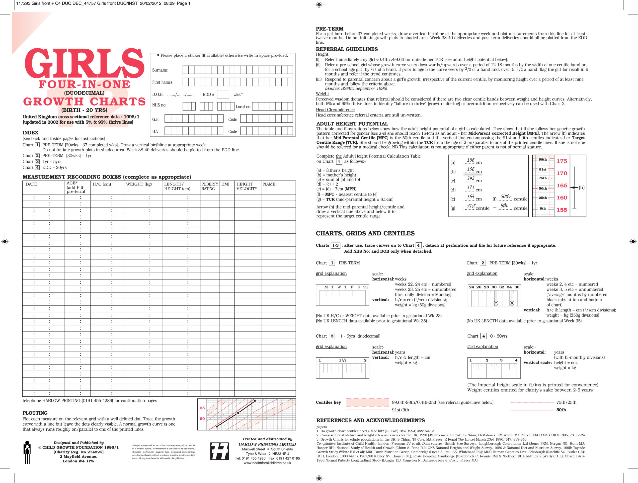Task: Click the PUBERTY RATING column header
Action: pos(210,186)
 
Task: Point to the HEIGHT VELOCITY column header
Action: pos(247,186)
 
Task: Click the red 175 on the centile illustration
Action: pos(561,161)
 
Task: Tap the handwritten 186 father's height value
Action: pos(471,160)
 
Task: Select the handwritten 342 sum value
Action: pos(471,179)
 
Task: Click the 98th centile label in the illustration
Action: pos(543,160)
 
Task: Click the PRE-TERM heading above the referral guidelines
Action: pos(329,29)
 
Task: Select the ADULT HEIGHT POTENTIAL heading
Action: pos(352,124)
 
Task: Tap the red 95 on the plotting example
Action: pos(202,408)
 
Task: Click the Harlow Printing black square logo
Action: pos(220,451)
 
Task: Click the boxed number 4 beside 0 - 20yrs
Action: pos(483,336)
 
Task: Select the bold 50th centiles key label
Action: pos(561,410)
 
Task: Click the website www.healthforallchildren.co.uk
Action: pos(267,463)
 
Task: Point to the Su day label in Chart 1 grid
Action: pos(365,287)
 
